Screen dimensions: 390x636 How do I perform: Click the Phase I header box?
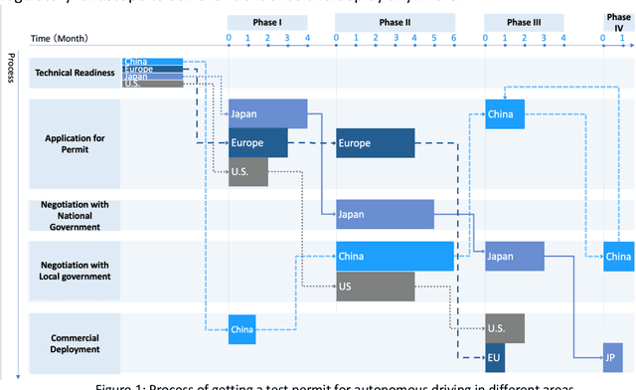[267, 22]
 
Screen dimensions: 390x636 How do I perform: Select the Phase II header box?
[395, 22]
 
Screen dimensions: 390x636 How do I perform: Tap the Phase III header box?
[524, 22]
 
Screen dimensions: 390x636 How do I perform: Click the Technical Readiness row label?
[73, 73]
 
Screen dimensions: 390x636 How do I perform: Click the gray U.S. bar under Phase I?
[248, 171]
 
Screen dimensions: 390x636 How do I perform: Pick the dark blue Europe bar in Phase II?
[375, 143]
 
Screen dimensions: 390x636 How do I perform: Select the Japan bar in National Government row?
[385, 214]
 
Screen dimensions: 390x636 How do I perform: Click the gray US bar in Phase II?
[375, 286]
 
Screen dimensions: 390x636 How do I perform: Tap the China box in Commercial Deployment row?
[242, 328]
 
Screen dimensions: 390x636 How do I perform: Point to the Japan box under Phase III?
[515, 257]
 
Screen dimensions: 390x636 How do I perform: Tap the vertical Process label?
[10, 68]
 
